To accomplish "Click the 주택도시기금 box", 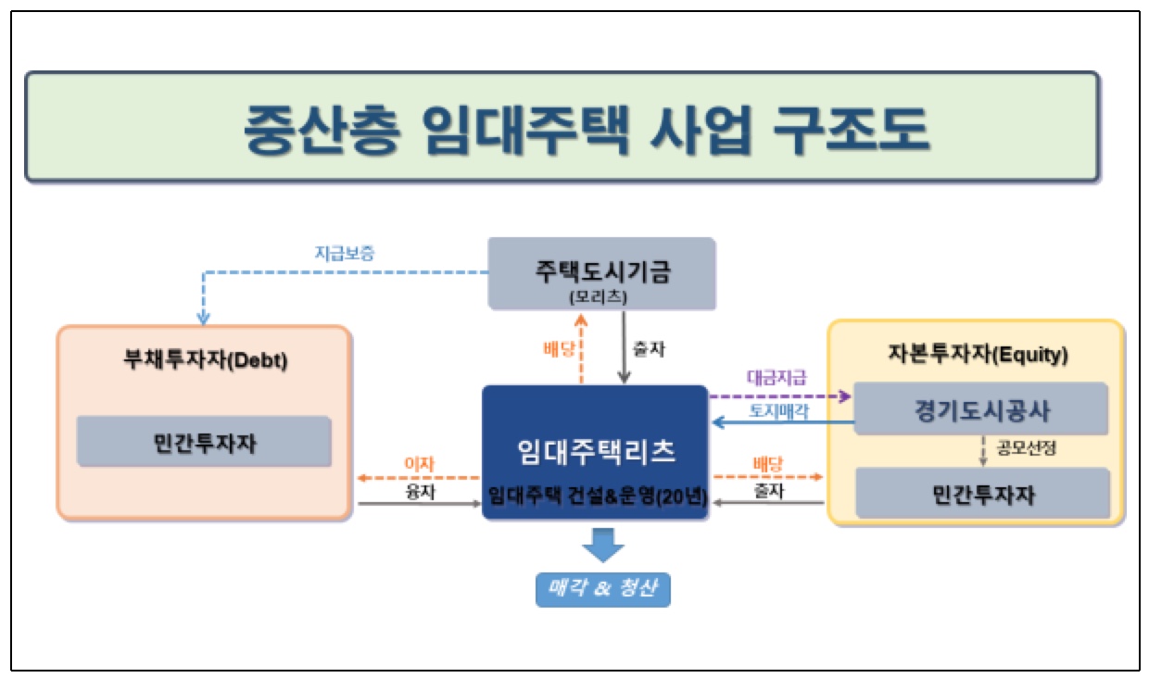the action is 601,273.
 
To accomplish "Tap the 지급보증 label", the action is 345,253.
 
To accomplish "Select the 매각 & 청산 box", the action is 602,589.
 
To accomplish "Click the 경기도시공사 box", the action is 980,409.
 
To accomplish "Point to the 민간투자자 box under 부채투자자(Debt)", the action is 204,442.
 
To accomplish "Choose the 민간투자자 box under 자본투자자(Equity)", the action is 982,494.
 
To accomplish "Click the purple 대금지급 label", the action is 777,378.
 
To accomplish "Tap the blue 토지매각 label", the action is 778,411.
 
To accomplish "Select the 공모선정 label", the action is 1026,447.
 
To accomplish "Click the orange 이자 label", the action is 419,464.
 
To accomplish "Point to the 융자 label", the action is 420,492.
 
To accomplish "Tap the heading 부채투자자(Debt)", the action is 205,359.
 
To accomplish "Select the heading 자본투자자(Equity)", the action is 978,354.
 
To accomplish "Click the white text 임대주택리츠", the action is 596,452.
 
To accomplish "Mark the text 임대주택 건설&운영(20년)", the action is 597,496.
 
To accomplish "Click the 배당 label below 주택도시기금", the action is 559,349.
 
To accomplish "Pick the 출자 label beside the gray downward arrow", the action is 649,349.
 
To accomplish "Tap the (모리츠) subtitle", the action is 598,296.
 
